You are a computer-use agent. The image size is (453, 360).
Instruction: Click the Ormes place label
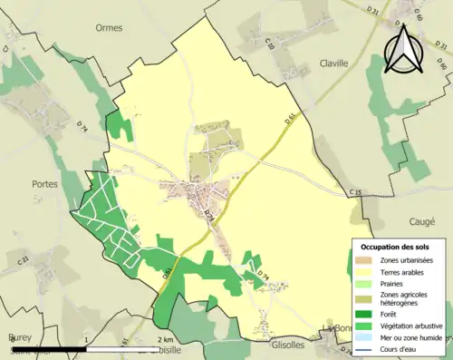coord(109,27)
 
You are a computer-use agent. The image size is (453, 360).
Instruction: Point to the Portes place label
coord(44,183)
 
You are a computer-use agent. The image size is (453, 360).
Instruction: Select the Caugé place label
coord(422,222)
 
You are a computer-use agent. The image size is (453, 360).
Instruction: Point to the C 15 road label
coord(354,192)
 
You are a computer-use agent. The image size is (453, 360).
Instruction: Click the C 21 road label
coord(23,261)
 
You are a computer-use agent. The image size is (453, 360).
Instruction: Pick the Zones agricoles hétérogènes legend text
coord(404,300)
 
